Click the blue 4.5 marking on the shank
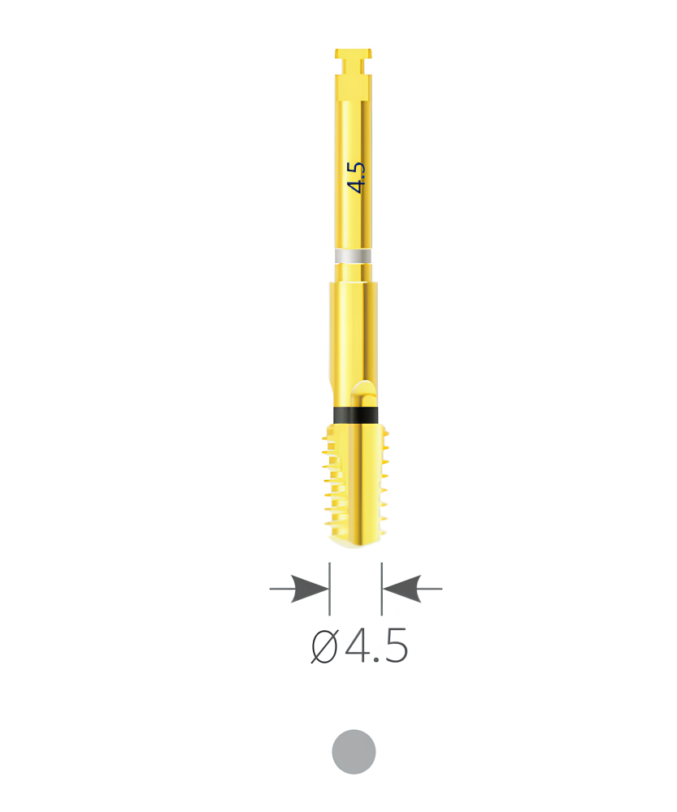point(357,178)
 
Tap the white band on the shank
point(353,256)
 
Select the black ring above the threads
point(354,415)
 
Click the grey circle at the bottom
point(354,752)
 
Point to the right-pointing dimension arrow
point(299,589)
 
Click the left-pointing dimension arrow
point(412,589)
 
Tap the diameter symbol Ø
point(324,646)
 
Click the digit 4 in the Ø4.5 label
point(358,646)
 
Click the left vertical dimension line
point(330,589)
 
